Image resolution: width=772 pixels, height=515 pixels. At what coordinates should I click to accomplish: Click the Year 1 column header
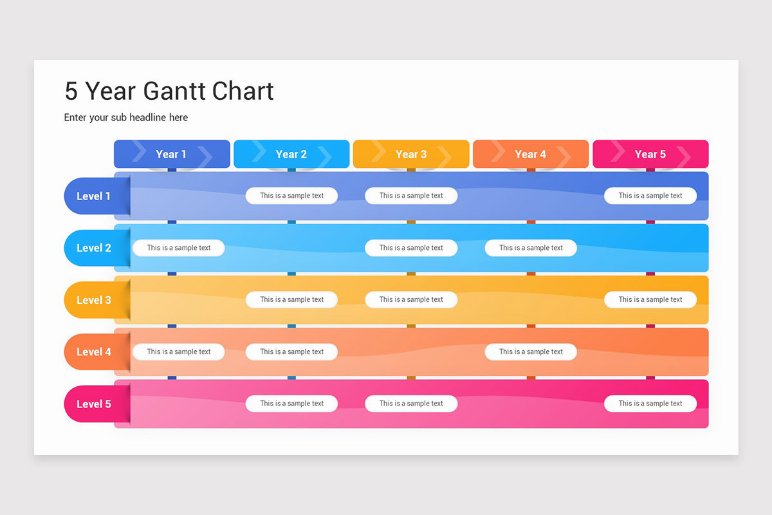point(172,154)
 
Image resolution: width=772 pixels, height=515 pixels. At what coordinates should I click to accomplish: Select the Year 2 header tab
point(291,154)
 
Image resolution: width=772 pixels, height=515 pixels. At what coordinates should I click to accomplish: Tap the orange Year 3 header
point(411,154)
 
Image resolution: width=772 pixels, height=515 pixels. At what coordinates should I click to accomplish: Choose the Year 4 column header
point(531,154)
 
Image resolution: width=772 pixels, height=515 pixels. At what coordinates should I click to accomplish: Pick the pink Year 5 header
point(650,154)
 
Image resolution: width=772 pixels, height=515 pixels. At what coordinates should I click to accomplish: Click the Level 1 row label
point(94,196)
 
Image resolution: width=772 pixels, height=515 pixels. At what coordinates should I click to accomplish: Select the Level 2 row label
point(94,248)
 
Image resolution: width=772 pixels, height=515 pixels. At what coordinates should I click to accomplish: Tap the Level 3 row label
point(94,300)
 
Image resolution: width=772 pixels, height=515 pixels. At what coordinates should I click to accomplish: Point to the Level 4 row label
point(94,351)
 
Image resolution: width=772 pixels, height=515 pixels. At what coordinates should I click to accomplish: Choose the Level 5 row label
point(94,404)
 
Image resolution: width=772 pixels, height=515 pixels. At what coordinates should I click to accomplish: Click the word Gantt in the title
point(172,91)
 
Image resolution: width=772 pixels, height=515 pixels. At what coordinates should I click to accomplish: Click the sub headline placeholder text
point(126,117)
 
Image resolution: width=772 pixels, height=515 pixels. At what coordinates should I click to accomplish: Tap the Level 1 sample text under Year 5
point(650,196)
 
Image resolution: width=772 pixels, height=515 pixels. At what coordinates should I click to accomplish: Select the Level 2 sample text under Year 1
point(179,248)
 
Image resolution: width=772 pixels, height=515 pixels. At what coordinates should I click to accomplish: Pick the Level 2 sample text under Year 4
point(531,248)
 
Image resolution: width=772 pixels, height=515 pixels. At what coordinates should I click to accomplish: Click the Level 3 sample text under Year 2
point(291,299)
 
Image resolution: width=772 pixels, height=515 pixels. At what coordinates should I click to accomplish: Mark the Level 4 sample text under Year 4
point(531,351)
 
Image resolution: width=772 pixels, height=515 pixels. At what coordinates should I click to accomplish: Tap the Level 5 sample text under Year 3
point(411,404)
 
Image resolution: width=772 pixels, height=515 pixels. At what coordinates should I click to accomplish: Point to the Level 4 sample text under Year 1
point(179,351)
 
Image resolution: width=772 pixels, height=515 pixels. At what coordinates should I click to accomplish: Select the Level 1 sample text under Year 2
point(291,196)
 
